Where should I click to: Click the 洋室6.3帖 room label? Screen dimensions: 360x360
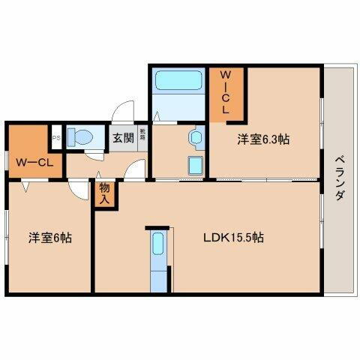tap(265, 139)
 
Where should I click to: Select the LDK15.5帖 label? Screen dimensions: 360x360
tap(233, 238)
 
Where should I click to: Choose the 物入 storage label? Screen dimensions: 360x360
tap(105, 194)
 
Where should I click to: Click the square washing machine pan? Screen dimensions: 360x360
tap(193, 165)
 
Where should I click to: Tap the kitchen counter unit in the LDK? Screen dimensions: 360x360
tap(157, 259)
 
